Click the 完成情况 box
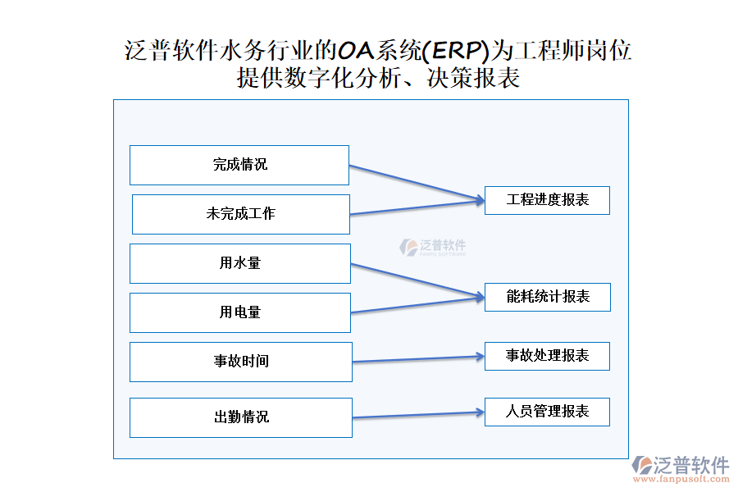pos(239,165)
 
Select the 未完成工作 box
pos(241,214)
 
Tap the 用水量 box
pos(240,263)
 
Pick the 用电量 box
pos(240,312)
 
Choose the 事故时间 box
pos(241,362)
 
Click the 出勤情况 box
pos(241,417)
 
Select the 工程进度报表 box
pos(547,200)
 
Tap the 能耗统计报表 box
pos(547,297)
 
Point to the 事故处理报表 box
pos(547,356)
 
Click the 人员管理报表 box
pos(547,412)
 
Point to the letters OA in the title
pos(356,51)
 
